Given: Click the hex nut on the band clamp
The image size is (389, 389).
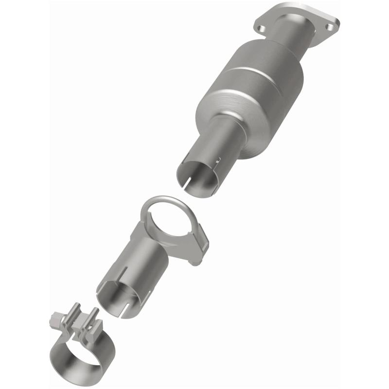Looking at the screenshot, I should tap(54, 320).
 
